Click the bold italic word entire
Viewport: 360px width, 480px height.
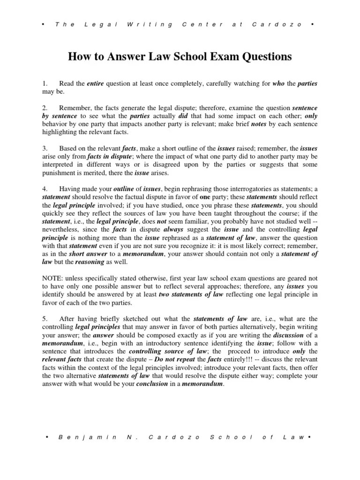pyautogui.click(x=96, y=84)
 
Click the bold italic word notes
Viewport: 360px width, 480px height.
pyautogui.click(x=259, y=124)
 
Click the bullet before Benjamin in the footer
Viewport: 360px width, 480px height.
pyautogui.click(x=48, y=437)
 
